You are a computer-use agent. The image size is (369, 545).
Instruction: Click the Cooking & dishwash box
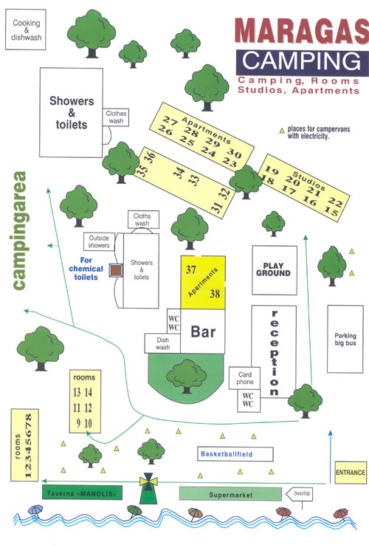pyautogui.click(x=26, y=30)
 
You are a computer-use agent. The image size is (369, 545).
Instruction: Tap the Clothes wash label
pyautogui.click(x=116, y=117)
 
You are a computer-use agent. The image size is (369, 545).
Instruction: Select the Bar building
pyautogui.click(x=203, y=332)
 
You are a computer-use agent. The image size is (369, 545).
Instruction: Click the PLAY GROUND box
pyautogui.click(x=275, y=270)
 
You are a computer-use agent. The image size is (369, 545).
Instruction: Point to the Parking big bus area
pyautogui.click(x=345, y=339)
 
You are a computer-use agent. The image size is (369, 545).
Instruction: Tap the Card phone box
pyautogui.click(x=244, y=378)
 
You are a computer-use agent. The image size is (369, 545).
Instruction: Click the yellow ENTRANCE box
pyautogui.click(x=351, y=473)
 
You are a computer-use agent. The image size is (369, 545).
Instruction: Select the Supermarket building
pyautogui.click(x=230, y=494)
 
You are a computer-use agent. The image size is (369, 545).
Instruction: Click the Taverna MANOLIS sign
pyautogui.click(x=83, y=493)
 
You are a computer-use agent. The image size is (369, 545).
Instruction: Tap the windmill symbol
pyautogui.click(x=148, y=487)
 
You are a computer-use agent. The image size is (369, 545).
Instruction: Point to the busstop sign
pyautogui.click(x=299, y=493)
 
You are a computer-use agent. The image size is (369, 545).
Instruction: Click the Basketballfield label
pyautogui.click(x=226, y=454)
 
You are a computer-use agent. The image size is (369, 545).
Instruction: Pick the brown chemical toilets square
pyautogui.click(x=116, y=270)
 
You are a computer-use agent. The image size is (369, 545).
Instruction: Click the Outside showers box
pyautogui.click(x=99, y=241)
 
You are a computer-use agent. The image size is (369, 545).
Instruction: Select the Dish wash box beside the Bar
pyautogui.click(x=162, y=343)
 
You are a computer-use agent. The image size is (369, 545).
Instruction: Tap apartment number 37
pyautogui.click(x=190, y=270)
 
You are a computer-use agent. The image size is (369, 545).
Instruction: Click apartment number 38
pyautogui.click(x=215, y=294)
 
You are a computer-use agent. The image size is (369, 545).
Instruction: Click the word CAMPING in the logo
pyautogui.click(x=301, y=61)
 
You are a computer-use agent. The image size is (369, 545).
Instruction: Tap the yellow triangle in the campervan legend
pyautogui.click(x=282, y=131)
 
